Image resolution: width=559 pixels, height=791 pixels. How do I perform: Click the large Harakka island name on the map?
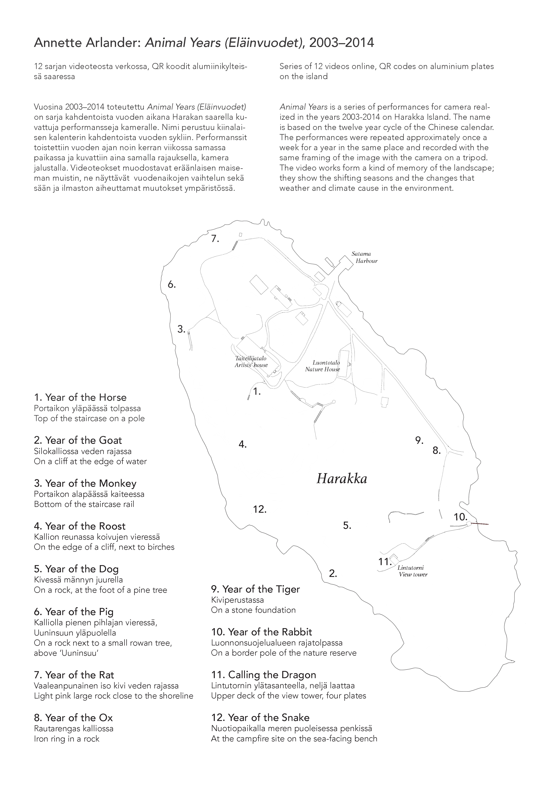(x=342, y=479)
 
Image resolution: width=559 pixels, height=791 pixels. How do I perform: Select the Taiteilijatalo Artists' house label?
(x=251, y=362)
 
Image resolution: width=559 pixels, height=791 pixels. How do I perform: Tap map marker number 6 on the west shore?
(x=172, y=285)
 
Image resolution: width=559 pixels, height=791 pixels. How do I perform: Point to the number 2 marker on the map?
(x=333, y=574)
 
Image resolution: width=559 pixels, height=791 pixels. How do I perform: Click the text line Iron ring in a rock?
(x=66, y=739)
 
